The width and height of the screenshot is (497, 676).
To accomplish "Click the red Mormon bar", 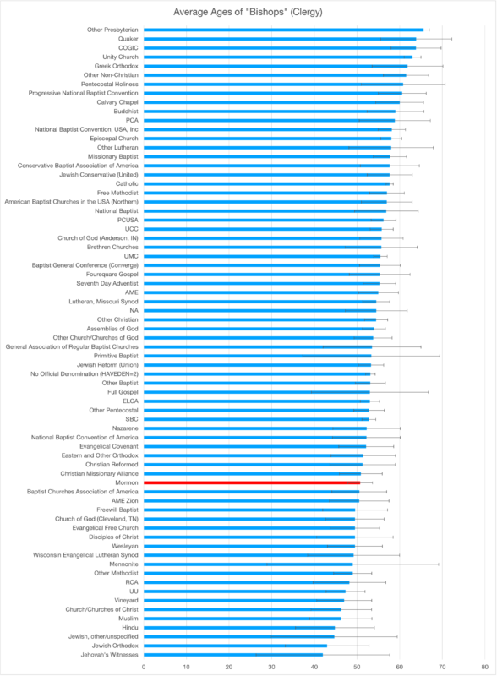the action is (252, 482).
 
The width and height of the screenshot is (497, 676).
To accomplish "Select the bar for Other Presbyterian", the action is (283, 30).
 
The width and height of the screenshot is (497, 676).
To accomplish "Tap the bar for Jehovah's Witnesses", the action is (233, 655).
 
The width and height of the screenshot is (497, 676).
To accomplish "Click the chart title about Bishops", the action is (248, 12).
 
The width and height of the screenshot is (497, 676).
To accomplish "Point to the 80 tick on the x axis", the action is (485, 667).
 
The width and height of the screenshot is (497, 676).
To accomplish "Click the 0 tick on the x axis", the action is (144, 667).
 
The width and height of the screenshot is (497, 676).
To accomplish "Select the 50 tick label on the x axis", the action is (357, 667).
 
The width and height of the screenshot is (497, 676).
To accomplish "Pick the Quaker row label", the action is (128, 39).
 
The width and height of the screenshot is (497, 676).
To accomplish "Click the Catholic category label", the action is (127, 183).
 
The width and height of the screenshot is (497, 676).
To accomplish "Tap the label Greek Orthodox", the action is (117, 66).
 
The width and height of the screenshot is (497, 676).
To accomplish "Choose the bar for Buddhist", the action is (270, 112).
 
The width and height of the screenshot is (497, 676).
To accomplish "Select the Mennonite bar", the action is (248, 564).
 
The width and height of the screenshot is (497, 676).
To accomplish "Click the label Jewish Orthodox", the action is (115, 646).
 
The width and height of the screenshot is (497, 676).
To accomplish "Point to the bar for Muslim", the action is (242, 619).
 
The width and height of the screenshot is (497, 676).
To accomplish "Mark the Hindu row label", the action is (130, 628).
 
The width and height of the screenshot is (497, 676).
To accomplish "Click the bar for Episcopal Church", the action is (267, 139).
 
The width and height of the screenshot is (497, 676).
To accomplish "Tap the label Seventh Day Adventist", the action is (107, 283).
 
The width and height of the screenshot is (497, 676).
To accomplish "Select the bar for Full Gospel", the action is (257, 392).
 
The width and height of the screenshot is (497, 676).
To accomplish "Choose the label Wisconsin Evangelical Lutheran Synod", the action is (86, 555).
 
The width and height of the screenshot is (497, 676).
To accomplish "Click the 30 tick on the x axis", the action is (272, 667).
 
